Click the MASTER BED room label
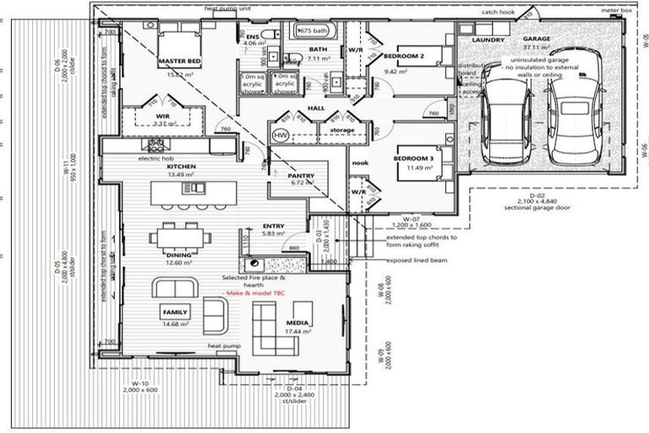(178, 63)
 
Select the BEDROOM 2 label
(403, 57)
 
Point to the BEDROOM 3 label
(413, 158)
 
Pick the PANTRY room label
(302, 175)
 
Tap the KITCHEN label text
(181, 167)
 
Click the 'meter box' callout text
(615, 11)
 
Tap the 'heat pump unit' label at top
(226, 8)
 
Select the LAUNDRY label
(488, 40)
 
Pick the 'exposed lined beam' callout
(415, 260)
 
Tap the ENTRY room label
(273, 227)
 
